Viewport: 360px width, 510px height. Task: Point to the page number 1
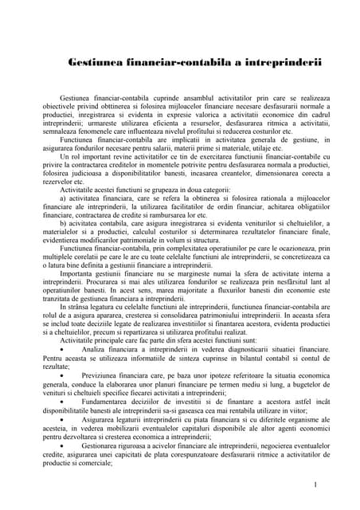point(316,485)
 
